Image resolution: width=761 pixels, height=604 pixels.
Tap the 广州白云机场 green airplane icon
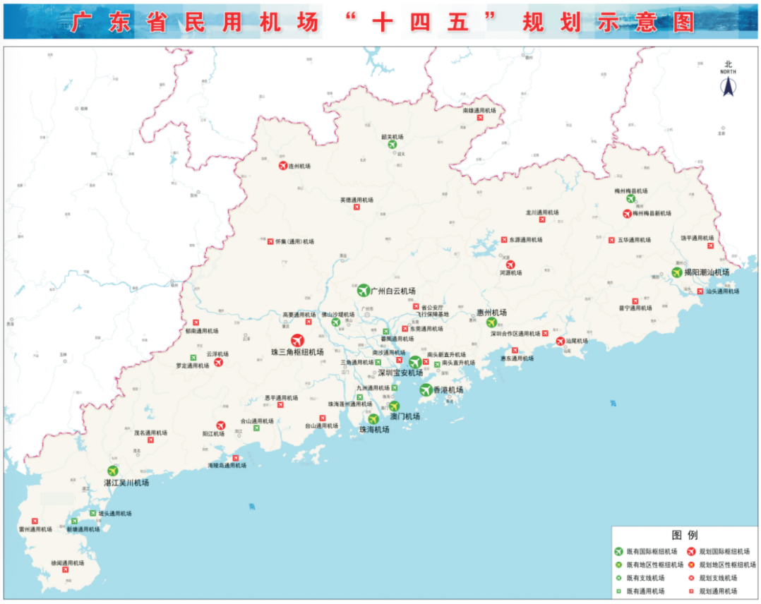pos(364,290)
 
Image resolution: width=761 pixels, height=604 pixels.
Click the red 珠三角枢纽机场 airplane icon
pos(298,340)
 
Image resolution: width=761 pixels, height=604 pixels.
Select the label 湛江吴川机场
pos(126,483)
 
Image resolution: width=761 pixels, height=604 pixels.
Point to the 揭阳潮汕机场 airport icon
pos(678,272)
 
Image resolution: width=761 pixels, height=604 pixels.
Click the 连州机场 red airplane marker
pos(283,166)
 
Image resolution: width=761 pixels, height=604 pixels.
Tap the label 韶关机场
pos(392,137)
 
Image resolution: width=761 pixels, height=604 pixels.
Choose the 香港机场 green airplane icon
pos(426,389)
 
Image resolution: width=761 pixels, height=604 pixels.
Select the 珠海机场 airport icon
pos(373,418)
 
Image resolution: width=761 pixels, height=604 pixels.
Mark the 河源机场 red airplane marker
pos(510,265)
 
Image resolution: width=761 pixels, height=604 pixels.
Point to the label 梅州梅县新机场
pos(652,213)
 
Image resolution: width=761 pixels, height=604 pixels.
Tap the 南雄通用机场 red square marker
pos(480,119)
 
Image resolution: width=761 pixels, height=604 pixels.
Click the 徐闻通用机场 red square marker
pos(66,570)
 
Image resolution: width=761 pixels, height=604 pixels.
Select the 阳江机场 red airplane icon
pos(220,425)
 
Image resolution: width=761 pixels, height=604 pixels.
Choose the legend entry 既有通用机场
pos(645,591)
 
